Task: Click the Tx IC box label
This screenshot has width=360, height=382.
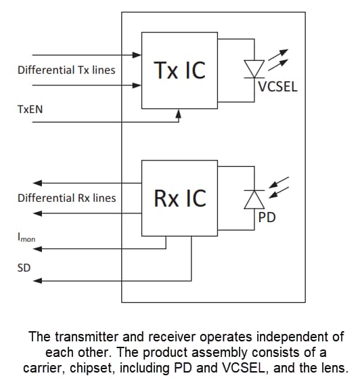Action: tap(179, 70)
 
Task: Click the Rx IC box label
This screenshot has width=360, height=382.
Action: tap(179, 198)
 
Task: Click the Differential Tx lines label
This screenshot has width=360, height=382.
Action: tap(66, 70)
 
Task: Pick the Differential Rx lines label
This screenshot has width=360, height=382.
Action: tap(66, 198)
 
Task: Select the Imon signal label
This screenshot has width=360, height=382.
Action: tap(26, 238)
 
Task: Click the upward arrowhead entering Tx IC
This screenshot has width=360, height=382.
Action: tap(179, 114)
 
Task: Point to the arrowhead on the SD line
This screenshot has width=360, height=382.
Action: tap(39, 280)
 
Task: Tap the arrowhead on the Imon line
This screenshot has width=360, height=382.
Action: tap(39, 249)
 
